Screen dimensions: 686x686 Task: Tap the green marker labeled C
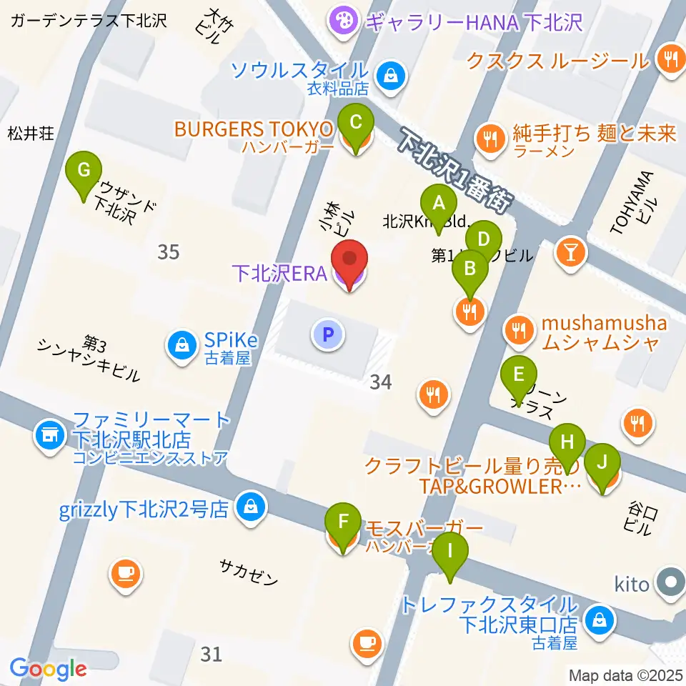(356, 123)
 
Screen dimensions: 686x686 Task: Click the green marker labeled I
(449, 552)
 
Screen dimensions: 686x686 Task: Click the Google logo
(48, 669)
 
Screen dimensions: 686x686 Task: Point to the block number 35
(169, 252)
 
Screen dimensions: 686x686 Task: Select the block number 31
(212, 653)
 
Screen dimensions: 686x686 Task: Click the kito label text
(632, 585)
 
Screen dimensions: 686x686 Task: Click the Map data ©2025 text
(625, 675)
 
